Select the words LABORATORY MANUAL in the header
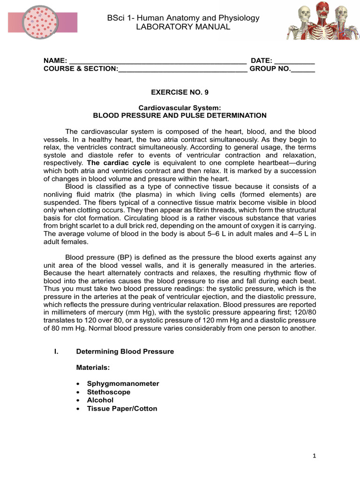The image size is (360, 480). click(x=183, y=27)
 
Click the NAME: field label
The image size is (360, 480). click(x=55, y=61)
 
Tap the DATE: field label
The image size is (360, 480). click(x=262, y=61)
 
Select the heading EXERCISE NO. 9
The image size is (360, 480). click(x=180, y=93)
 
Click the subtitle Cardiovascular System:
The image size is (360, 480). click(x=180, y=108)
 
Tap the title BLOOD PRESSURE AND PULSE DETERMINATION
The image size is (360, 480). click(x=180, y=115)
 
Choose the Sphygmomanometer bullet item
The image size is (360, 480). click(x=123, y=383)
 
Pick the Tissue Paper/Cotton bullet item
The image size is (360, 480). click(x=122, y=409)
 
